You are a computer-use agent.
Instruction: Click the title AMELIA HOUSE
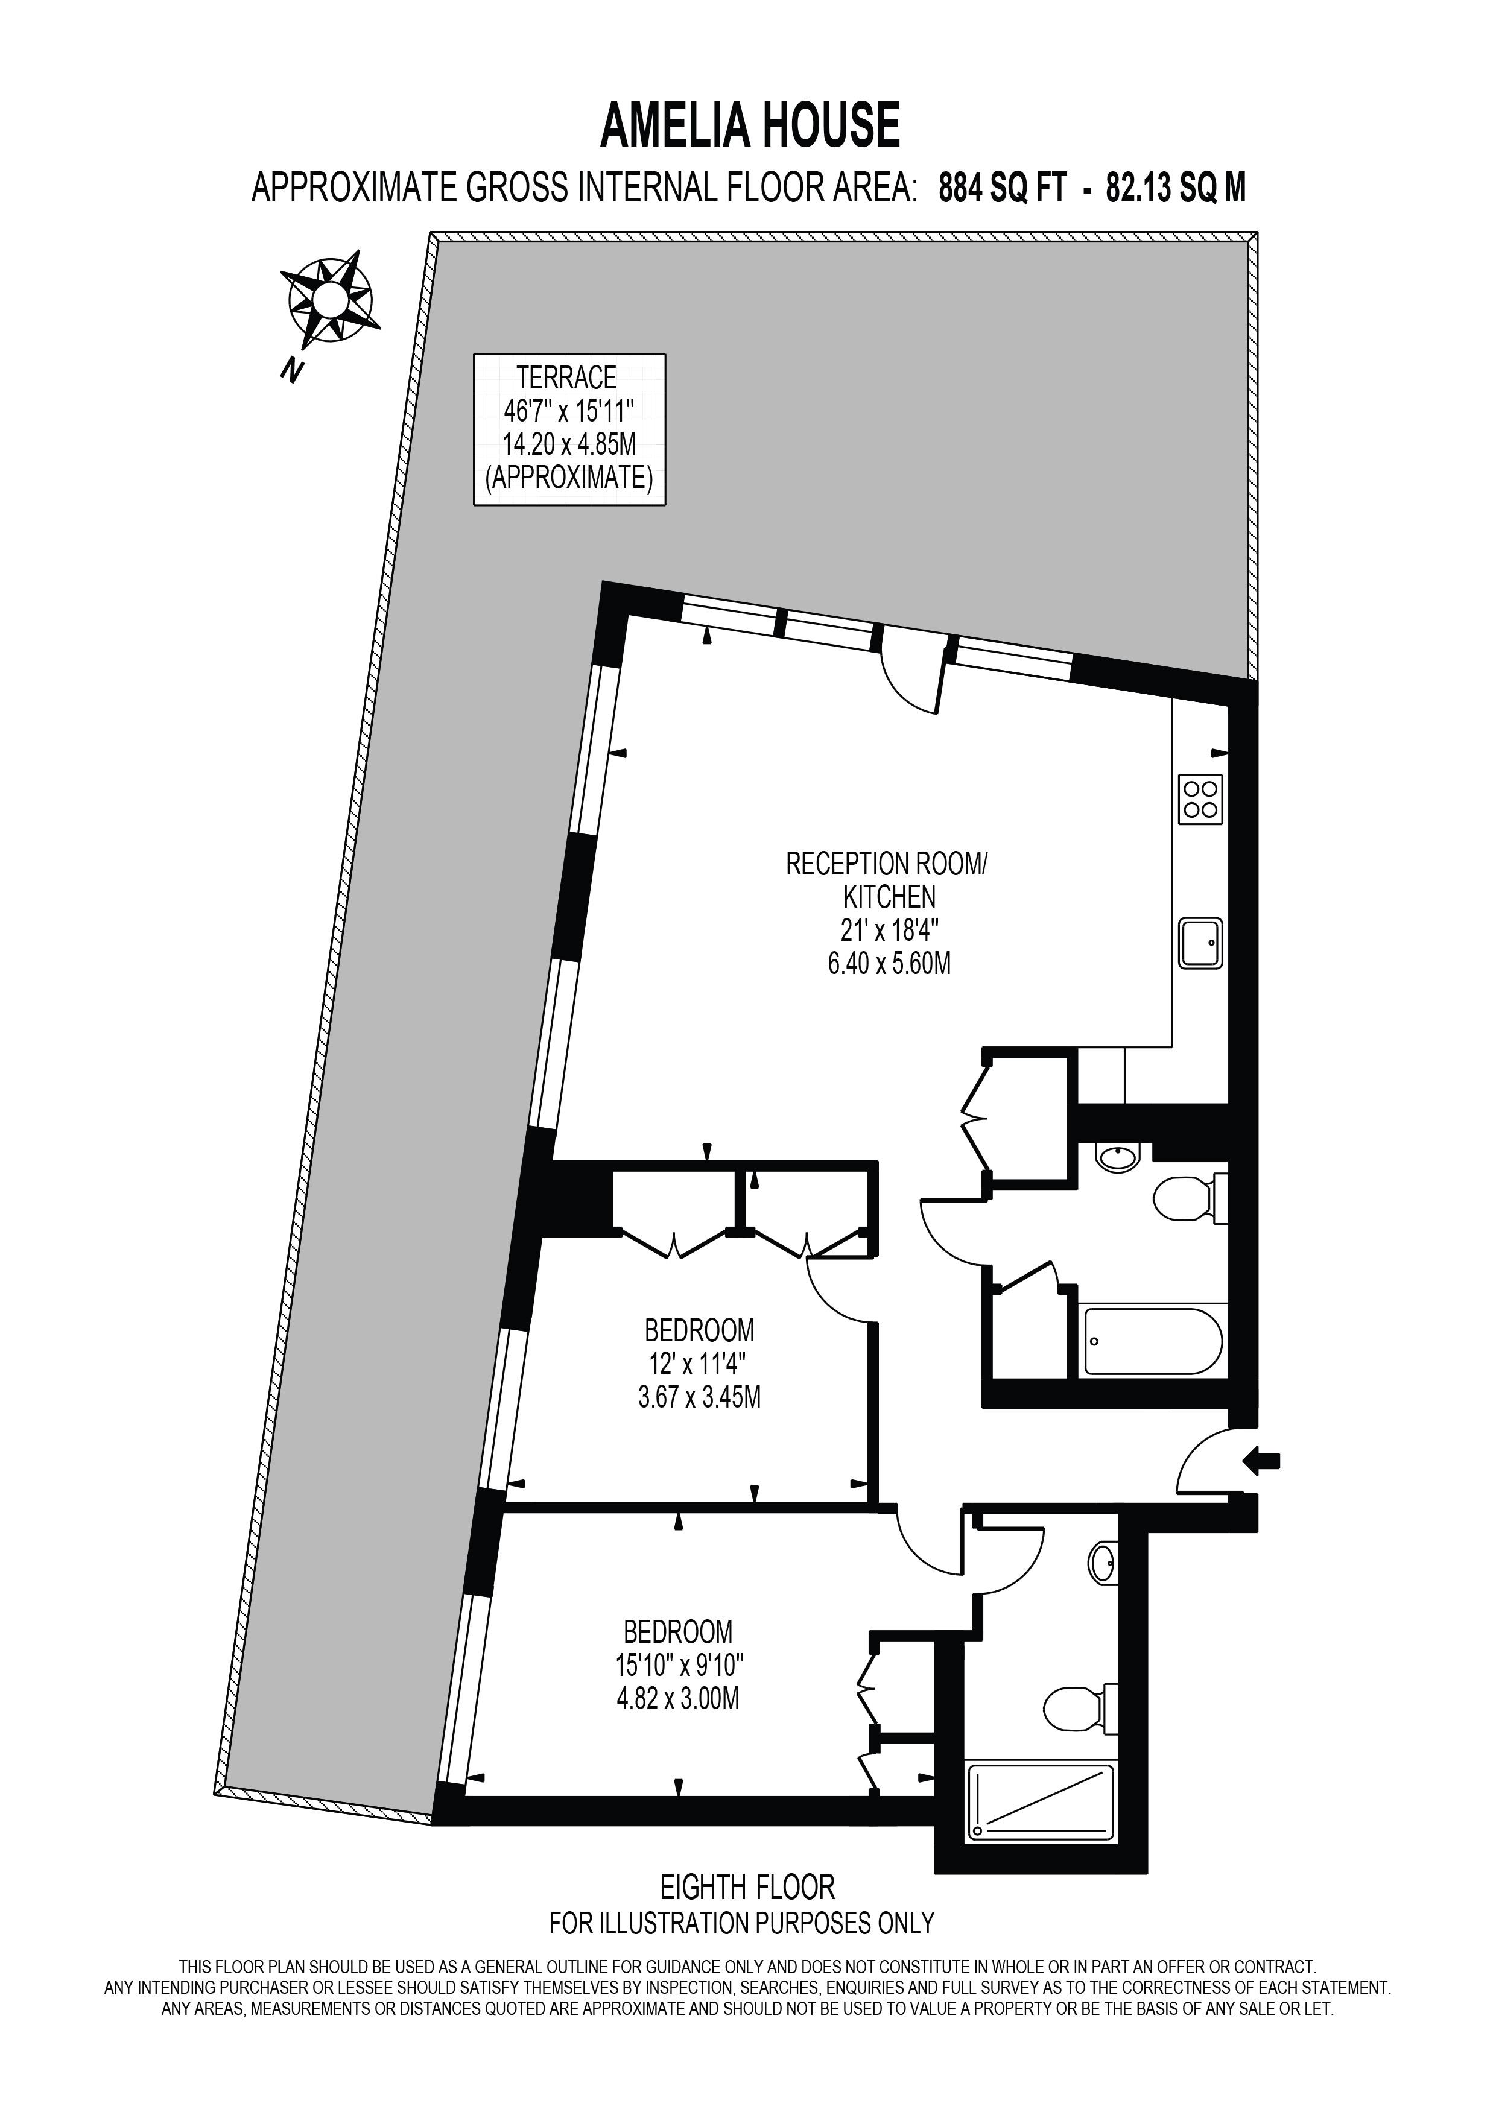click(x=750, y=126)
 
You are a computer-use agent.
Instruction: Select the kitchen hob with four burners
click(x=1201, y=798)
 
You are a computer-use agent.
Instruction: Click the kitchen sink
click(x=1201, y=943)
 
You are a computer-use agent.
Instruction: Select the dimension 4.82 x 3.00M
click(x=678, y=1698)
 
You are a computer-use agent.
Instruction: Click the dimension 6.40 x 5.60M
click(x=889, y=964)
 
